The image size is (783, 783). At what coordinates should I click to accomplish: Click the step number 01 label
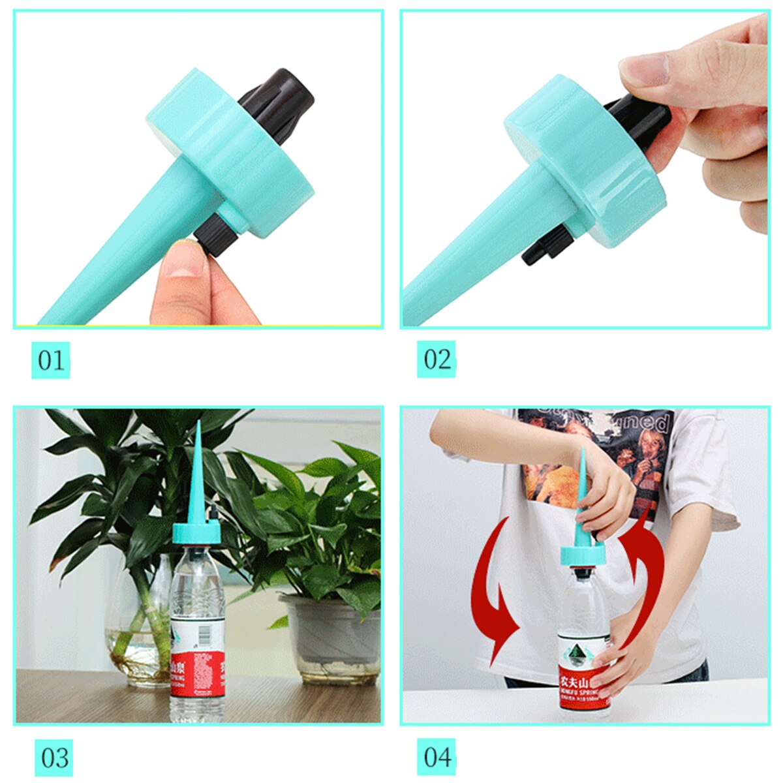pos(51,360)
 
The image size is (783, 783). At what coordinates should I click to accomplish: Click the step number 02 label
pos(437,360)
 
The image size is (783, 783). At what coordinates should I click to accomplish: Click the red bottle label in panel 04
pos(584,685)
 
